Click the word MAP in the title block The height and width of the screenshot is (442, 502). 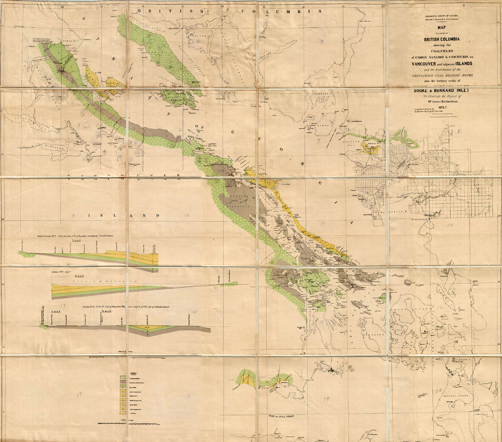point(442,27)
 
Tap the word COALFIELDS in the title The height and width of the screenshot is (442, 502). point(442,54)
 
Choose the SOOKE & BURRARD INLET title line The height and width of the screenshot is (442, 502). point(442,90)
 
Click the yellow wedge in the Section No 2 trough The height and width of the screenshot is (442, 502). point(150,327)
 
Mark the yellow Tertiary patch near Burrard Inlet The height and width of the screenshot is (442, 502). point(370,147)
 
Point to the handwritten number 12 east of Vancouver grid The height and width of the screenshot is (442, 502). point(451,224)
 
